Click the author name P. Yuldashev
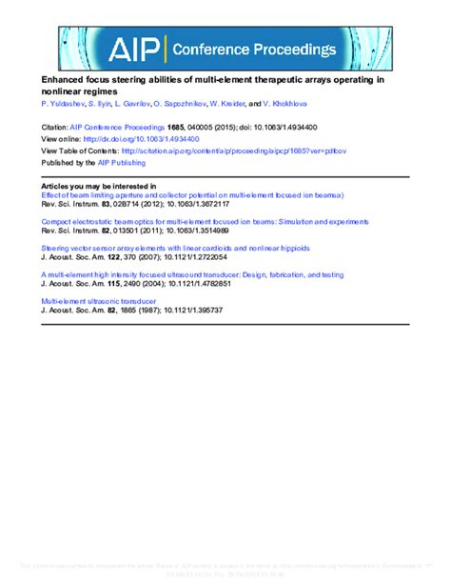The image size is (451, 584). pos(64,102)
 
